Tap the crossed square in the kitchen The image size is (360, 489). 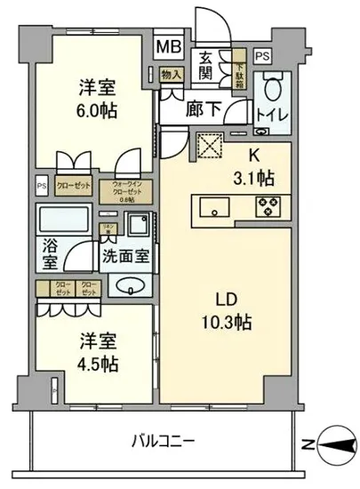coord(208,144)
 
